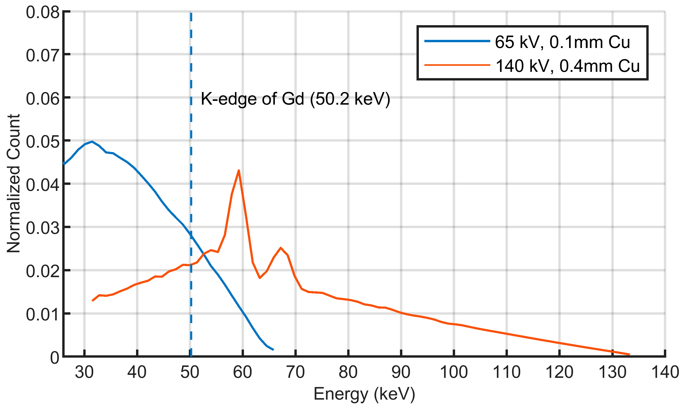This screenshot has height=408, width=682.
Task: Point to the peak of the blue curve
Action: (92, 142)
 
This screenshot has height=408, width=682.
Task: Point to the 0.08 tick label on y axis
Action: (43, 12)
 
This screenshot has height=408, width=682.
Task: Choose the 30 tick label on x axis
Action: (84, 372)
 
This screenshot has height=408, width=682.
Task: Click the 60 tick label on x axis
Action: (242, 372)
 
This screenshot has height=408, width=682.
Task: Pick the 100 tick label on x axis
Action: (454, 372)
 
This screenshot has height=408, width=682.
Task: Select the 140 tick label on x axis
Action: (664, 372)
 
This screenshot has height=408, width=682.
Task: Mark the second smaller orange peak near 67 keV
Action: (280, 248)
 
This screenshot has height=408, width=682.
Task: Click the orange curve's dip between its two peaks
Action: (260, 278)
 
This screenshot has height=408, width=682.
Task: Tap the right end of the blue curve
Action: (273, 350)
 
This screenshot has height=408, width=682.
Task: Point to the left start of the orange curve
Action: (92, 301)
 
